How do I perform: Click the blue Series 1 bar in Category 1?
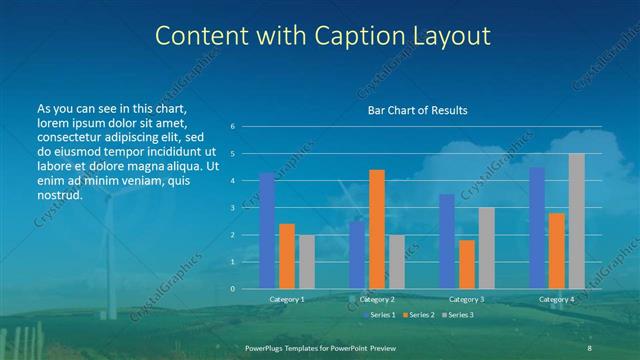pos(267,231)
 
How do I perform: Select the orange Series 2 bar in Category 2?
pos(377,229)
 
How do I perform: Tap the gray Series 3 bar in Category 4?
pos(577,221)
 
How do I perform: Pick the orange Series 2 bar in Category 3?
pos(467,264)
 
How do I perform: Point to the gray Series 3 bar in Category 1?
pos(307,262)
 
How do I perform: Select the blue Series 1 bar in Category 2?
pos(357,255)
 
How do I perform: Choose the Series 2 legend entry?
pos(421,315)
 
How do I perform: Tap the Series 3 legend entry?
pos(459,315)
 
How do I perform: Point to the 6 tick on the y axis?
pos(232,127)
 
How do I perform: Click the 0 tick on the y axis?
pos(232,289)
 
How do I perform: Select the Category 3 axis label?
pos(467,299)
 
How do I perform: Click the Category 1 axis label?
pos(287,299)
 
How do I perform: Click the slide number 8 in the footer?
pos(590,347)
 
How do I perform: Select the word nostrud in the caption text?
pos(59,195)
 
